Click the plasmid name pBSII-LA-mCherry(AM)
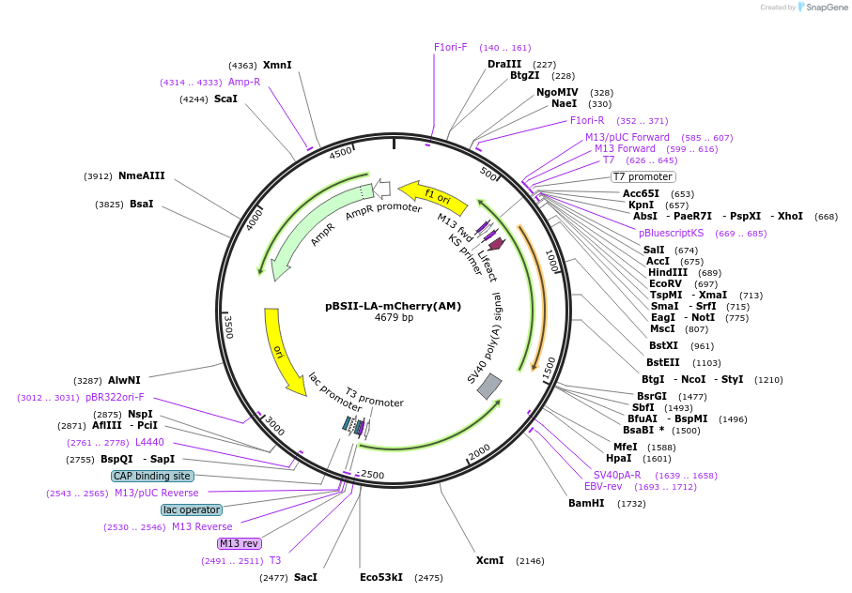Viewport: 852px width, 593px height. point(394,305)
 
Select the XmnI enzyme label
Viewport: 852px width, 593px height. point(277,65)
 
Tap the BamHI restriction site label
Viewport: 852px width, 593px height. point(586,504)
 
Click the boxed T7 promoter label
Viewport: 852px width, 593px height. point(643,176)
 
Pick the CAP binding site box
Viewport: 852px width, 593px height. point(152,476)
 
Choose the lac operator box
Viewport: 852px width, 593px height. point(192,509)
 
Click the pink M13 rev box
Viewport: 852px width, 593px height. point(239,543)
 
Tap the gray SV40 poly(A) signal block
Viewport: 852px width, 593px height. point(489,385)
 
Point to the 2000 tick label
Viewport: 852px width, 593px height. point(479,451)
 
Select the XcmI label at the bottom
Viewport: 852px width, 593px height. point(489,560)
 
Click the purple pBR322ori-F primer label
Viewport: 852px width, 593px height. point(115,397)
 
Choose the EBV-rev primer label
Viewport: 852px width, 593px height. point(603,486)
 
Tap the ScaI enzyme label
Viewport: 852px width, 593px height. point(225,99)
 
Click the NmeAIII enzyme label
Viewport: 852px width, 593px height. point(141,175)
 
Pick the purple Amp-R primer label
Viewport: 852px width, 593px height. point(244,82)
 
